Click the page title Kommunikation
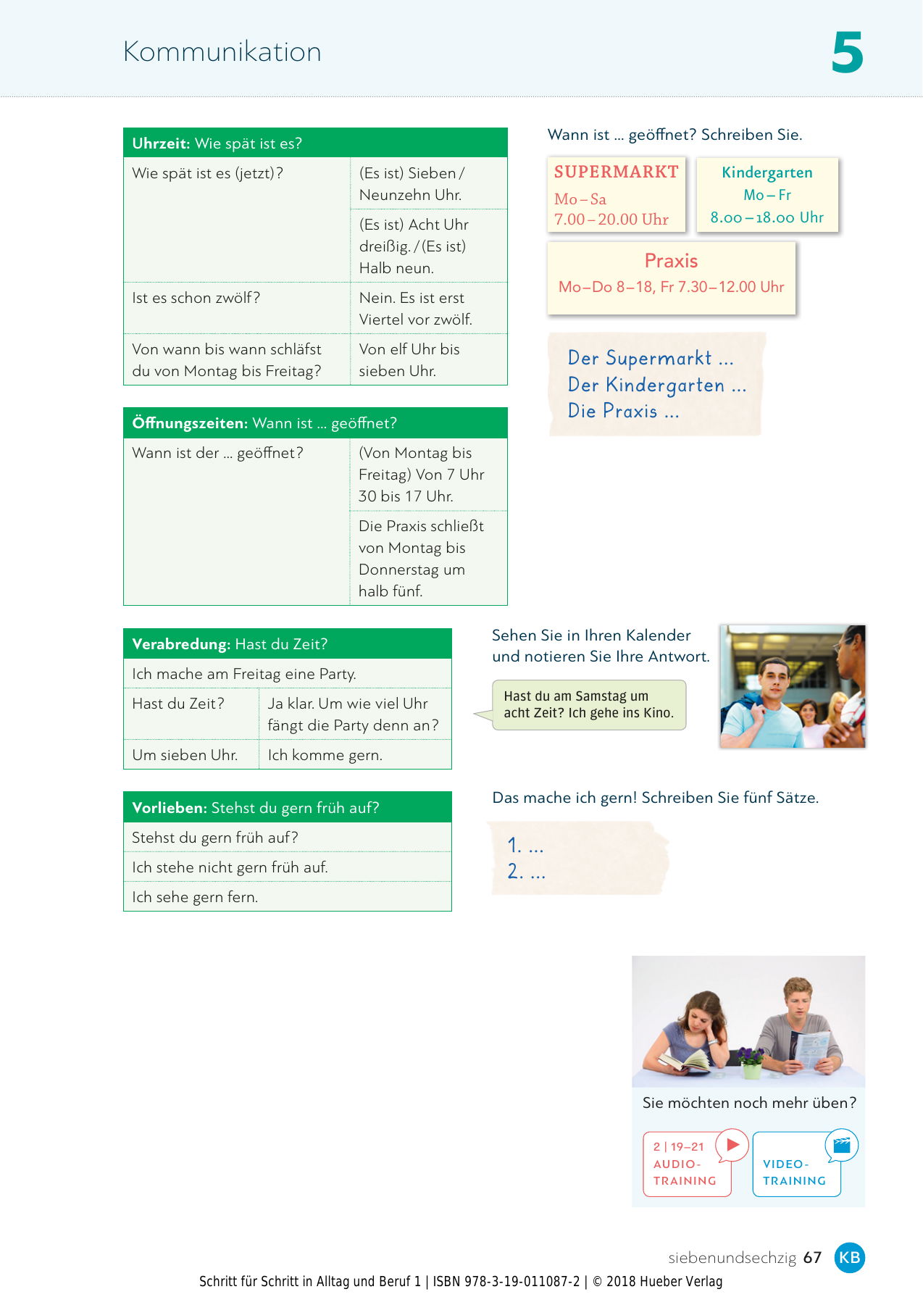point(222,52)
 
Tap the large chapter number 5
point(847,53)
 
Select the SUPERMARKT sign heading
point(616,172)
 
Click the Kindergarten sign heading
point(767,172)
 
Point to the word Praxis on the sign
point(671,261)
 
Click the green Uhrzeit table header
point(315,143)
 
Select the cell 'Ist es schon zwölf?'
point(196,298)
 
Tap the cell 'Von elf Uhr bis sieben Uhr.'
point(409,359)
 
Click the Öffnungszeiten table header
point(315,423)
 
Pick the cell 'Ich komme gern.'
point(325,755)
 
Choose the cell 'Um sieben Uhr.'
point(185,755)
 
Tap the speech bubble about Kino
point(588,704)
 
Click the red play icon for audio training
point(732,1145)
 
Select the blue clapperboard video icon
point(842,1145)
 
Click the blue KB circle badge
point(849,1257)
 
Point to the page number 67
point(813,1257)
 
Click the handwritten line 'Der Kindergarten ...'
point(656,385)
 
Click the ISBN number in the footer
point(506,1281)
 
